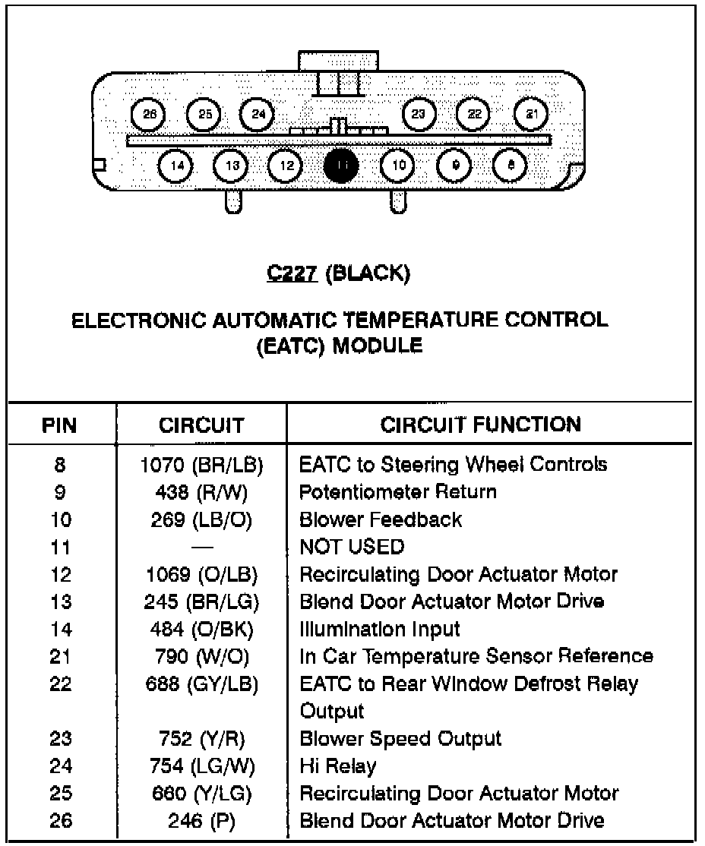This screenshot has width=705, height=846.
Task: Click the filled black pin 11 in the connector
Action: [341, 166]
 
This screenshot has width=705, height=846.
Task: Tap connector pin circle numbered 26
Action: [148, 115]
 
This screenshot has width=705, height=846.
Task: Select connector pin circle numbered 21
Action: [532, 115]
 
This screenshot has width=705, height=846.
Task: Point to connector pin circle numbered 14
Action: [176, 166]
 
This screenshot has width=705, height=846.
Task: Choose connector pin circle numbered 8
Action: [510, 166]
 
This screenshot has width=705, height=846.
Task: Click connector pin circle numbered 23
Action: [419, 115]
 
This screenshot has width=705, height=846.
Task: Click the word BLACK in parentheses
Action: [368, 274]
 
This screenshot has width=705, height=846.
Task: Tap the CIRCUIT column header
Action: [201, 425]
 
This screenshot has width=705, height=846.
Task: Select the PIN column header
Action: [60, 425]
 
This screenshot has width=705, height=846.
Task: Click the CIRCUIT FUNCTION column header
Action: [481, 424]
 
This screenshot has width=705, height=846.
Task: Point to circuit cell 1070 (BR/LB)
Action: [201, 464]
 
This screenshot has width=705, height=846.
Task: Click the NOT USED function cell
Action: [352, 546]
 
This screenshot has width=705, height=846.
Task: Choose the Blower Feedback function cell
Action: [381, 519]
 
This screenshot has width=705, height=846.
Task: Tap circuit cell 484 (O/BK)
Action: [201, 629]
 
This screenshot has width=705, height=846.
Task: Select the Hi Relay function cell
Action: [338, 766]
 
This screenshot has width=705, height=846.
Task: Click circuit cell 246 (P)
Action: [201, 820]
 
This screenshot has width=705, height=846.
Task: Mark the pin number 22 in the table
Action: [60, 683]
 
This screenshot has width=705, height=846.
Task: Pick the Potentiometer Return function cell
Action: [398, 491]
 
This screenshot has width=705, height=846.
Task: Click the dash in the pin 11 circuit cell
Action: [201, 547]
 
